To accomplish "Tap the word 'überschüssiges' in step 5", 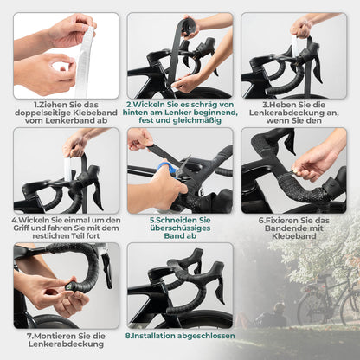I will pyautogui.click(x=179, y=228).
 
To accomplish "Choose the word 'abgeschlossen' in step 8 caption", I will pyautogui.click(x=208, y=335).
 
